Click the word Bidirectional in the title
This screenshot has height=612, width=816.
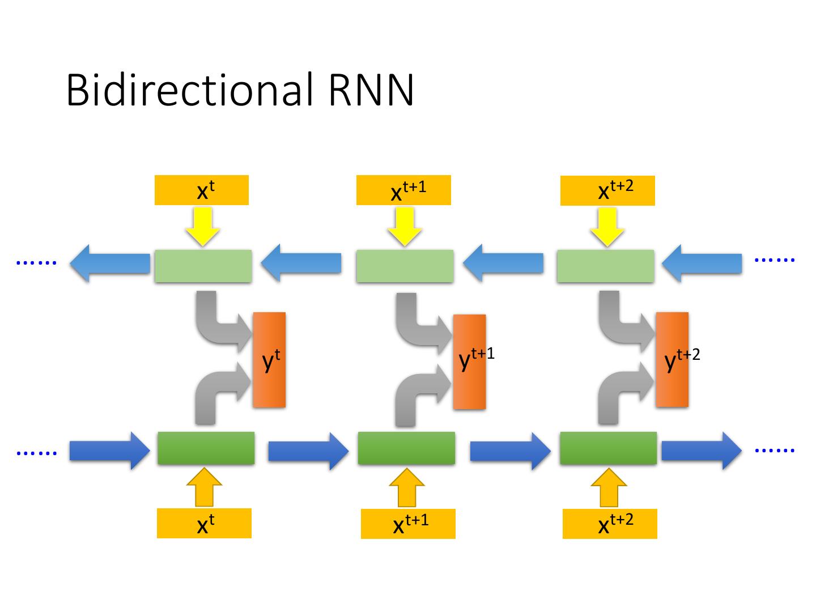pos(189,90)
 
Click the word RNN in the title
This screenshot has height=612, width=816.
pos(371,90)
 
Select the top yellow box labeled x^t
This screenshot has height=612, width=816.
pos(202,190)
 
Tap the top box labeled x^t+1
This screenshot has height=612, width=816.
pos(403,190)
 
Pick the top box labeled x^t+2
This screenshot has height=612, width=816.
pos(607,191)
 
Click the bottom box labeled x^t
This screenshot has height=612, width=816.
pos(204,523)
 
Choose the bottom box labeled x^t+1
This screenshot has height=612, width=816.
pos(408,524)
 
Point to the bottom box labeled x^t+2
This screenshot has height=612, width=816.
pos(610,524)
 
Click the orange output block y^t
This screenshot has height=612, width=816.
pos(269,359)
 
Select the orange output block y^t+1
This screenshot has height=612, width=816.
pos(469,362)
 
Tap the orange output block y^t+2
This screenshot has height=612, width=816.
pos(672,359)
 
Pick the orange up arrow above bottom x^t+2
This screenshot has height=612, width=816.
pos(609,488)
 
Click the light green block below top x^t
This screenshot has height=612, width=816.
pos(203,266)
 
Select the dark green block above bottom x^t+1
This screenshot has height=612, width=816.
pos(406,448)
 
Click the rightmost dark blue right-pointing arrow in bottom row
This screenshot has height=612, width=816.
pos(702,450)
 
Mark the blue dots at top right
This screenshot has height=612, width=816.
pos(775,260)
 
